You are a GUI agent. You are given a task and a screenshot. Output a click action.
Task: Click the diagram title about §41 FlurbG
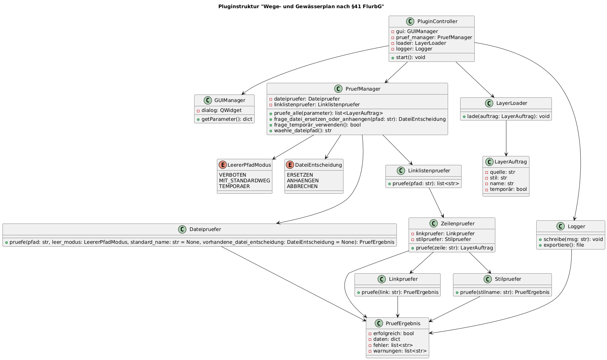pos(301,6)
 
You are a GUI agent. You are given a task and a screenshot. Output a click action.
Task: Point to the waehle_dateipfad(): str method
pos(303,130)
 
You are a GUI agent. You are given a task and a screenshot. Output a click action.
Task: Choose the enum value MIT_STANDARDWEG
pos(244,181)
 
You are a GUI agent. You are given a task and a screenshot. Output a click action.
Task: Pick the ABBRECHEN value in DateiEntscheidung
pos(302,186)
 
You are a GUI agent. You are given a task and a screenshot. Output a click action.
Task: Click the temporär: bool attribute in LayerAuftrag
pos(508,189)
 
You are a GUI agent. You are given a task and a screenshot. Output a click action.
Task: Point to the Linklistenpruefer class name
pos(429,171)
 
